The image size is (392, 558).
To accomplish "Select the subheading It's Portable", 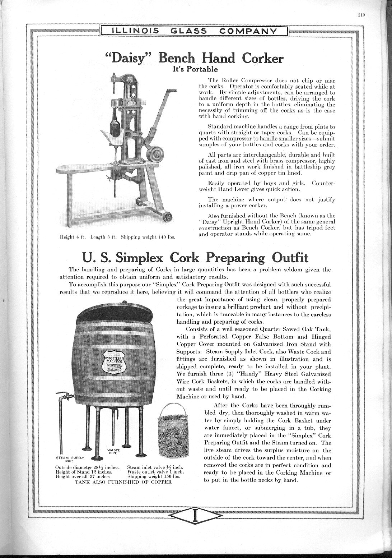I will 195,69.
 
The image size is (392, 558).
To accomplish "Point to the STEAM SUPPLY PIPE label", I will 70,459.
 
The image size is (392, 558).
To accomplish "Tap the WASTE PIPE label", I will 114,451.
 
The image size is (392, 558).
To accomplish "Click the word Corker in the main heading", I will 262,58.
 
